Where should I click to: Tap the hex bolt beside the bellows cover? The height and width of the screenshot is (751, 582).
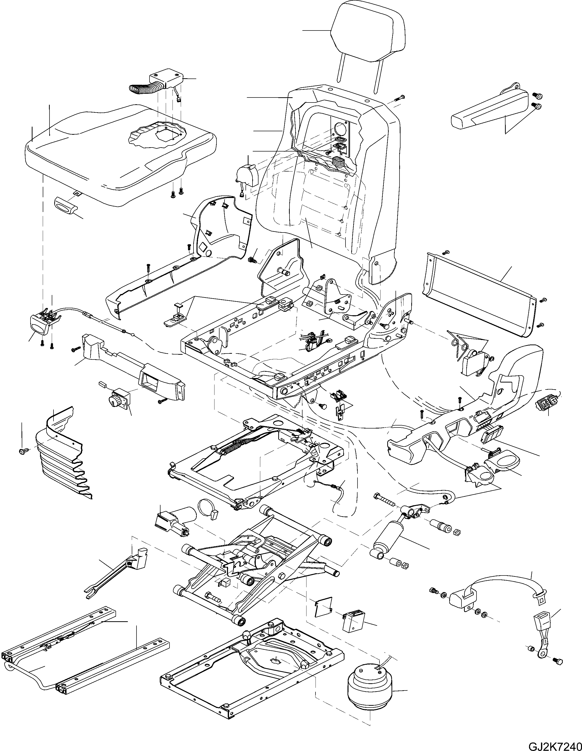pyautogui.click(x=23, y=450)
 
